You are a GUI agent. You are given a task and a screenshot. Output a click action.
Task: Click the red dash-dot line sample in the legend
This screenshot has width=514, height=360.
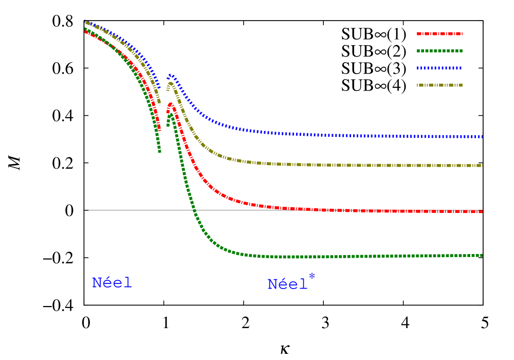[439, 34]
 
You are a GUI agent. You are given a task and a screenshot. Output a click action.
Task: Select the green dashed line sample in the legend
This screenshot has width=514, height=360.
[439, 51]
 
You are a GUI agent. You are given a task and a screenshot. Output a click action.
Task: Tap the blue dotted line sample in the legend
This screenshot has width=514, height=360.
[439, 68]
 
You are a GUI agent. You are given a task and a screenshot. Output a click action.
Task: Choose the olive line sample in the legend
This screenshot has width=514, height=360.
[439, 85]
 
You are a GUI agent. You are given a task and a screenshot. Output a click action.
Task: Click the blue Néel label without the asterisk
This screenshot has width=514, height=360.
[112, 283]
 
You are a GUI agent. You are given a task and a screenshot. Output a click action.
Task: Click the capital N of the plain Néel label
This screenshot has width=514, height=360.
[96, 283]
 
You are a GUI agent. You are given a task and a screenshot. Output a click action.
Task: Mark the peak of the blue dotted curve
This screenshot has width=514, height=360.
[171, 76]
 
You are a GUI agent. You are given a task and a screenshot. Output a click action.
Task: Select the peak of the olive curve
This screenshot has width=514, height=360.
[171, 83]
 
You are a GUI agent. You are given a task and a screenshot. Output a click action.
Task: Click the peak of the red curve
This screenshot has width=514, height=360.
[170, 104]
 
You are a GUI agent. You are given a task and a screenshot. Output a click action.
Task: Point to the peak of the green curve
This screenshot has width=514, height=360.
[171, 115]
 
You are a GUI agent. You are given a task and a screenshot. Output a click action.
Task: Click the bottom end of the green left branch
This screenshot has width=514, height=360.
[159, 152]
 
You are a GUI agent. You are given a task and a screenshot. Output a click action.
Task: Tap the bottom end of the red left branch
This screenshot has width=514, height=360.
[159, 130]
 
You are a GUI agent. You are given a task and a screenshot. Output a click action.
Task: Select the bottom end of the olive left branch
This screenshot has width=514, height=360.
[159, 104]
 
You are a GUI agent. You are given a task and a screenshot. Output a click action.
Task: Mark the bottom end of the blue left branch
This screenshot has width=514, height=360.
[159, 88]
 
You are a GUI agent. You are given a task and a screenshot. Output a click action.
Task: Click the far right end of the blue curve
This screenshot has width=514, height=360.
[482, 137]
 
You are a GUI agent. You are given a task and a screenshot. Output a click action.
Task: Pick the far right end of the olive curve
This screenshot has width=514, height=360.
[482, 166]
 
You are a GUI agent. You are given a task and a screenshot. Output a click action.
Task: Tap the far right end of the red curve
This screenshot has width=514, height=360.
[482, 211]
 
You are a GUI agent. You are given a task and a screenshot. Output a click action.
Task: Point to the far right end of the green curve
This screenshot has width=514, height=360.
[482, 255]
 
